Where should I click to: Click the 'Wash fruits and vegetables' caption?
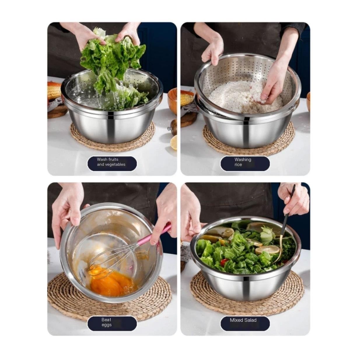(x=111, y=162)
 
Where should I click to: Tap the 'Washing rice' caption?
(x=243, y=162)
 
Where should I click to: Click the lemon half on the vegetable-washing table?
(x=174, y=142)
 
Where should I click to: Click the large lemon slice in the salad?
(x=267, y=250)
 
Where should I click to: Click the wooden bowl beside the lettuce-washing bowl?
(x=172, y=101)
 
